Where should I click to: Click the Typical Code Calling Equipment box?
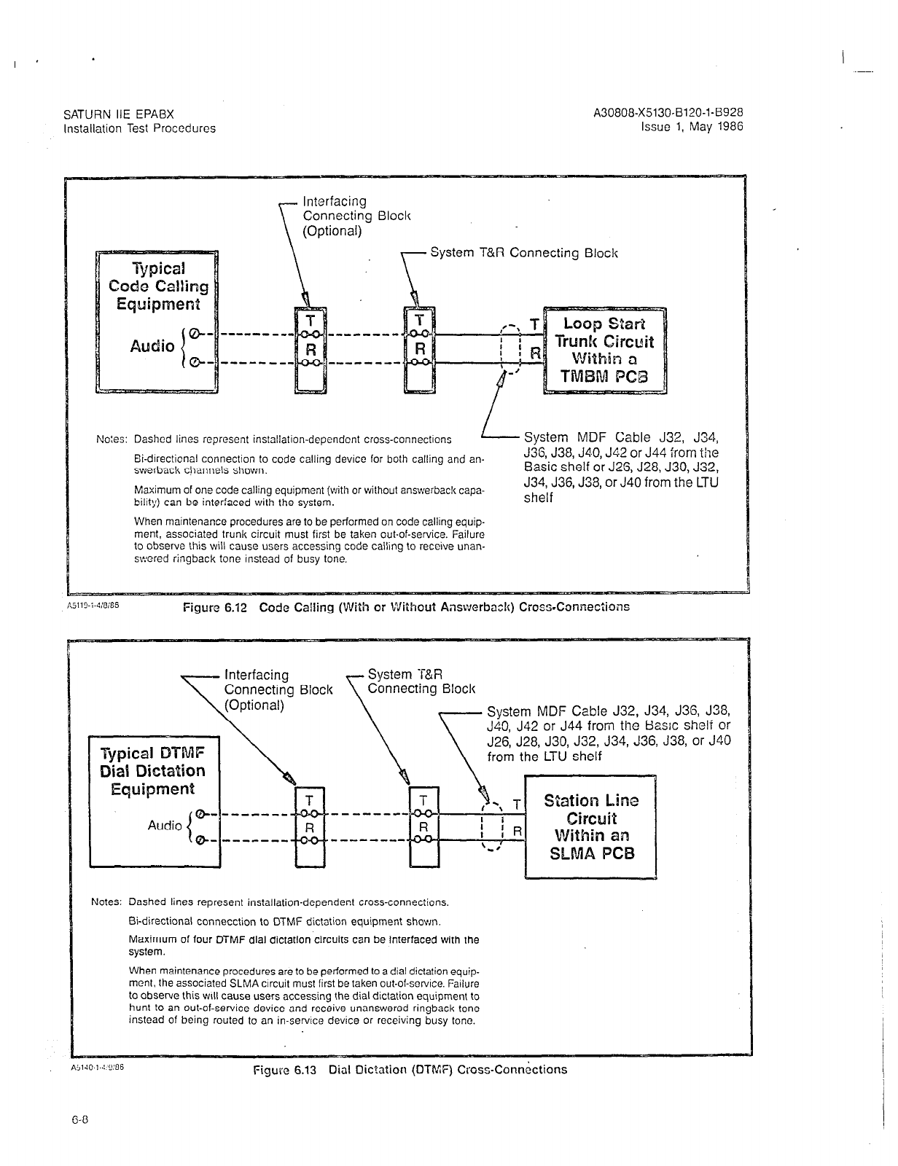coord(157,321)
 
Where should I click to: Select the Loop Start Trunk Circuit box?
coord(605,350)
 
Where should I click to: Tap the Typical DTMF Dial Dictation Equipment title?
coord(152,771)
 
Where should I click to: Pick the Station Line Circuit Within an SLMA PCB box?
coord(591,827)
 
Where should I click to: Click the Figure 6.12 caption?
coord(406,607)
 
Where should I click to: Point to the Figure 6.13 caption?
coord(410,1070)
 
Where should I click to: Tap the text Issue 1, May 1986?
coord(692,126)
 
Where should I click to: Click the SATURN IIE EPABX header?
coord(119,114)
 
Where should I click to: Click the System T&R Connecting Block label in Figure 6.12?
coord(523,253)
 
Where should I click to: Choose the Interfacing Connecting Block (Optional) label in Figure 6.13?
coord(277,690)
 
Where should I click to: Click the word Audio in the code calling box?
coord(152,346)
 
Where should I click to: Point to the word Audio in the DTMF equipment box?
coord(165,825)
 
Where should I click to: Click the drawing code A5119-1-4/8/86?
coord(98,604)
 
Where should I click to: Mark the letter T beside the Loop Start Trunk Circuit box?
coord(534,324)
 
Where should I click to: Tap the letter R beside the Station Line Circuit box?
coord(517,831)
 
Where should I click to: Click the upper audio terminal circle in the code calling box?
coord(194,334)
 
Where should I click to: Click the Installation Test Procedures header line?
coord(139,128)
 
